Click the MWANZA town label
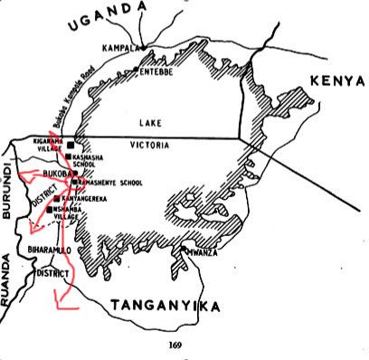(x=203, y=254)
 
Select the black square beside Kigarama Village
(x=74, y=144)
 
